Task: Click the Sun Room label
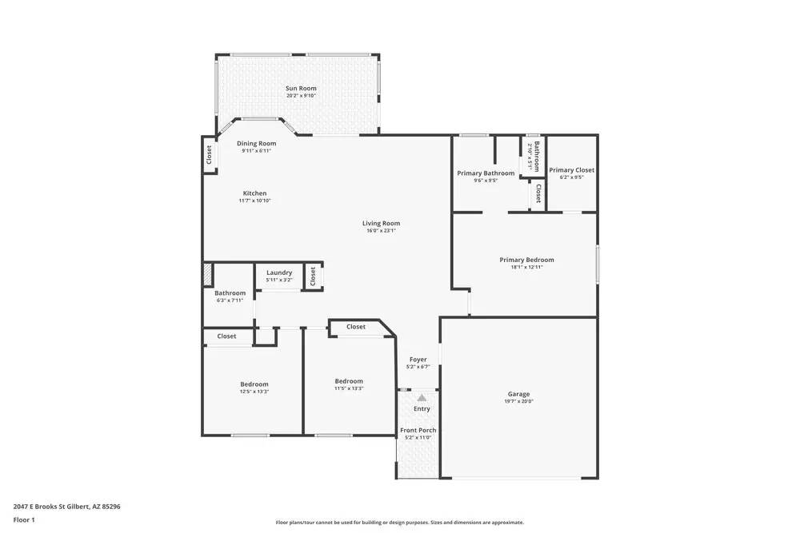(301, 88)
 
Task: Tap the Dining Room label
(256, 144)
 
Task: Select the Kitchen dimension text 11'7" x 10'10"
(254, 201)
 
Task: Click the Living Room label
(381, 223)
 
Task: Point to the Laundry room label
(279, 272)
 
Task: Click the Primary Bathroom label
(486, 173)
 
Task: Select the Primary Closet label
(571, 169)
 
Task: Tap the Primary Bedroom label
(526, 260)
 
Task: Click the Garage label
(518, 394)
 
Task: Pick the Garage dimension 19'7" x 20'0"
(518, 402)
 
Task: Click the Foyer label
(418, 360)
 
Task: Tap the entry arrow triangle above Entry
(422, 396)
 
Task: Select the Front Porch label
(418, 431)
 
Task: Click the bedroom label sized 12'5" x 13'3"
(254, 384)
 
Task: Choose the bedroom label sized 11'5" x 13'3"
(349, 381)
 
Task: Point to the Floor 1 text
(24, 519)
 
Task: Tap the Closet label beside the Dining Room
(209, 154)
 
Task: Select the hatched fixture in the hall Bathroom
(207, 275)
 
